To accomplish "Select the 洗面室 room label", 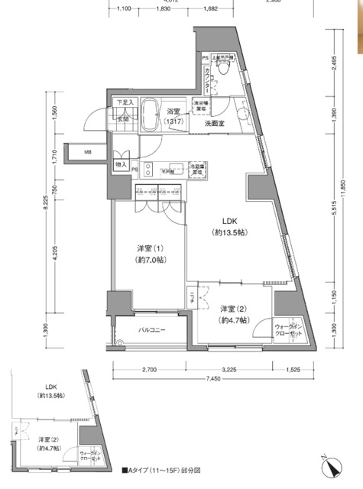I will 213,122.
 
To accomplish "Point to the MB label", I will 88,152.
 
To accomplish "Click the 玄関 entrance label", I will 123,118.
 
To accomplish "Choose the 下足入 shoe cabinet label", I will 124,102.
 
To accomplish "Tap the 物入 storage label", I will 122,164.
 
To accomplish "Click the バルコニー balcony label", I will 153,331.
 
